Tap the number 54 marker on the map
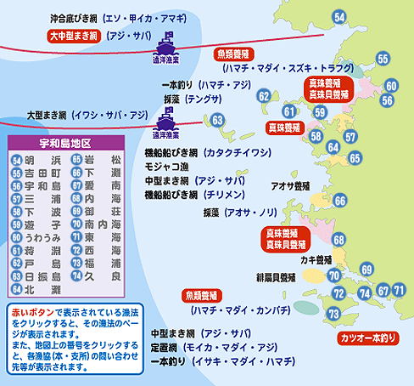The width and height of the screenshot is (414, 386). tap(339, 17)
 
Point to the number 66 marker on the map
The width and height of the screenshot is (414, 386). tap(340, 201)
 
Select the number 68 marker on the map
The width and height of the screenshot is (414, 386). tap(338, 240)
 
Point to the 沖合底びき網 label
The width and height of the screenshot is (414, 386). tap(73, 17)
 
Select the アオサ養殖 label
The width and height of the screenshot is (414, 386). tap(289, 184)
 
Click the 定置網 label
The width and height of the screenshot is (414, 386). tap(166, 348)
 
